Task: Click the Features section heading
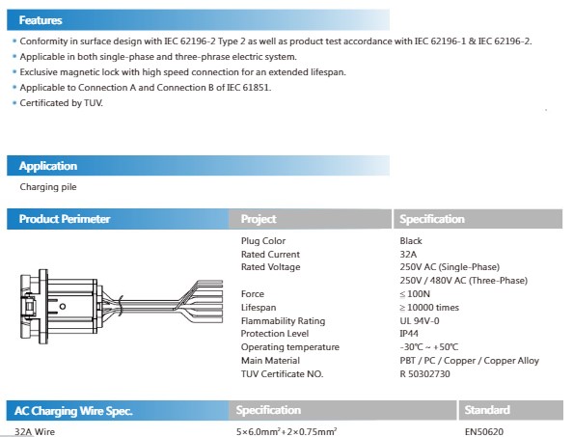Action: (41, 20)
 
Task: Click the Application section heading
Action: (48, 166)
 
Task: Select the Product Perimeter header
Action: (65, 219)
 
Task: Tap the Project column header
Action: (259, 219)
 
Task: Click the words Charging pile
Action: (48, 187)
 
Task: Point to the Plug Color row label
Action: (263, 241)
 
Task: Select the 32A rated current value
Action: (408, 255)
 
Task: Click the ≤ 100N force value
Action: (415, 294)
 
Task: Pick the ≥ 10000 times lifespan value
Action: (429, 308)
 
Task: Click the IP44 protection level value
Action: (409, 334)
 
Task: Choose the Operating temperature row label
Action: (290, 347)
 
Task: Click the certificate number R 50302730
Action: (425, 374)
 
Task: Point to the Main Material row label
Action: (270, 361)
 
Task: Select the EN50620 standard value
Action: (484, 432)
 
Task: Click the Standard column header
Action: (487, 410)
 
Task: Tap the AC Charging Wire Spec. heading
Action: (73, 411)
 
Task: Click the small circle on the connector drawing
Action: (63, 307)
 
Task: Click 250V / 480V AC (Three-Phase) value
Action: (464, 281)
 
